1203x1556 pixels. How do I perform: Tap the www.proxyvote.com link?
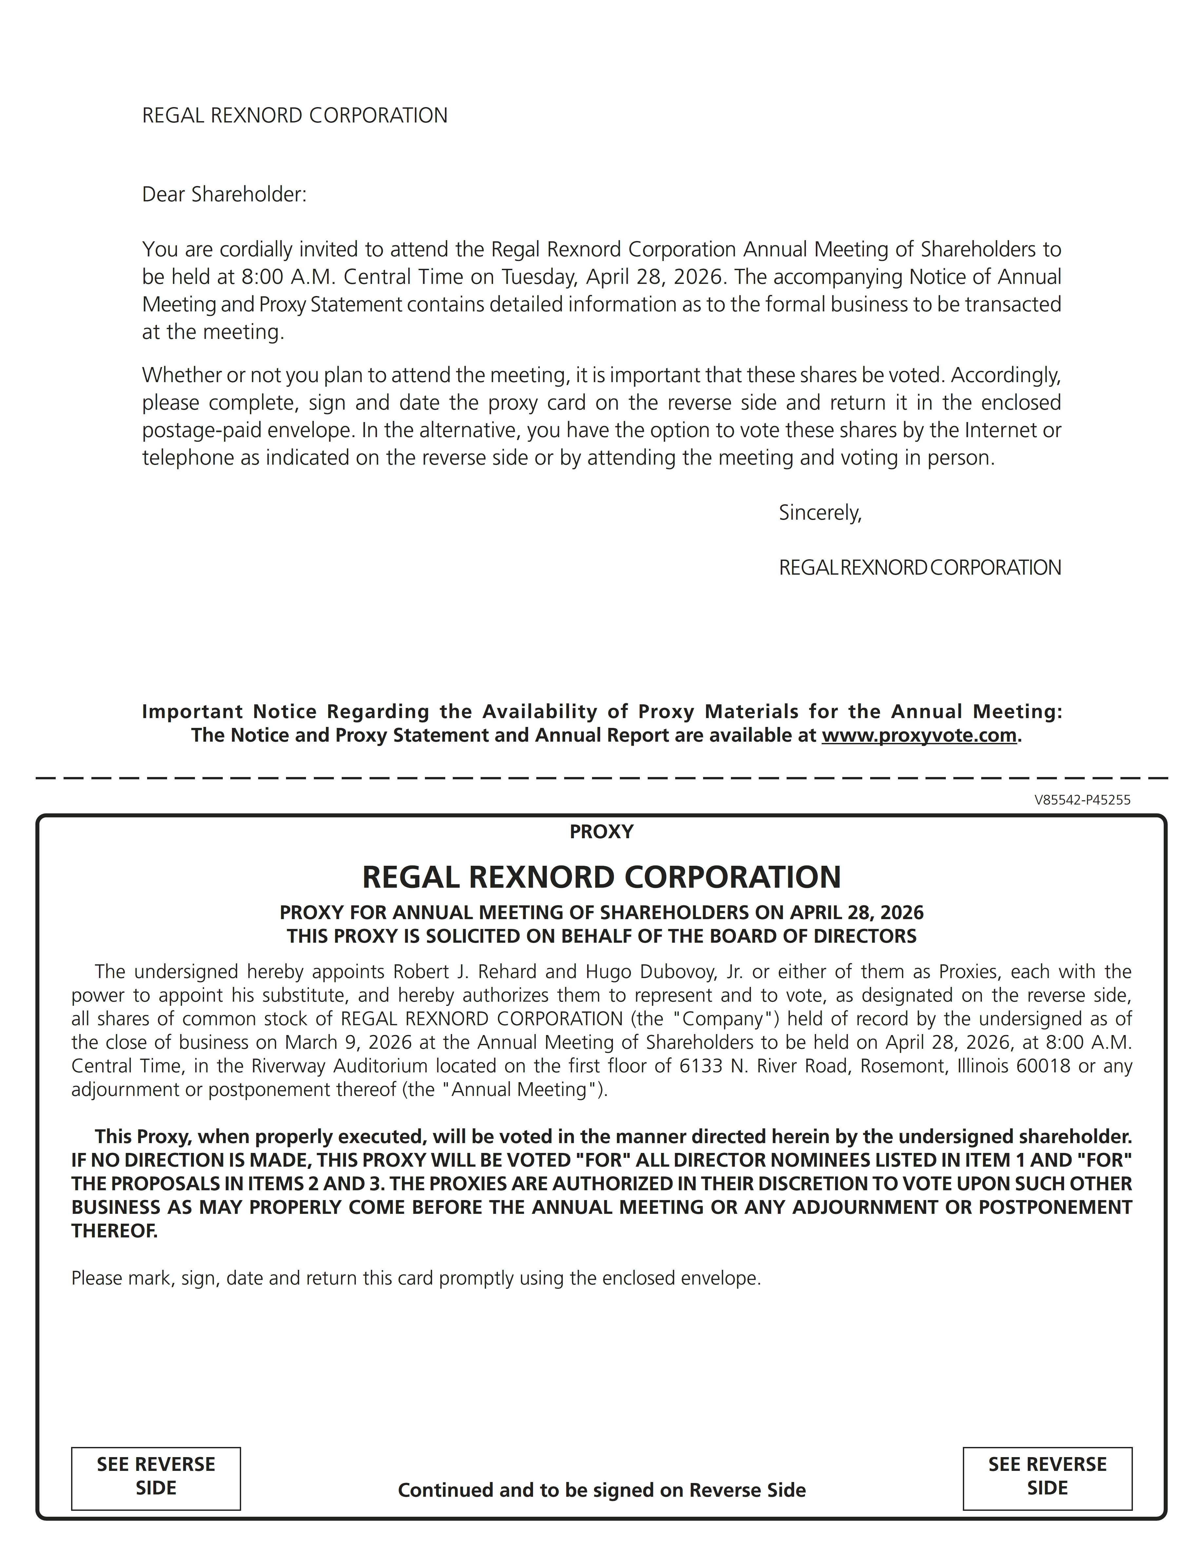(919, 735)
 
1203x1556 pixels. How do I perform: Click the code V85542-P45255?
(1082, 800)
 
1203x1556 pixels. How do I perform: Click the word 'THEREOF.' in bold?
(114, 1231)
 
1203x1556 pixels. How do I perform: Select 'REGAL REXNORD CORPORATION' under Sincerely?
(919, 568)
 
